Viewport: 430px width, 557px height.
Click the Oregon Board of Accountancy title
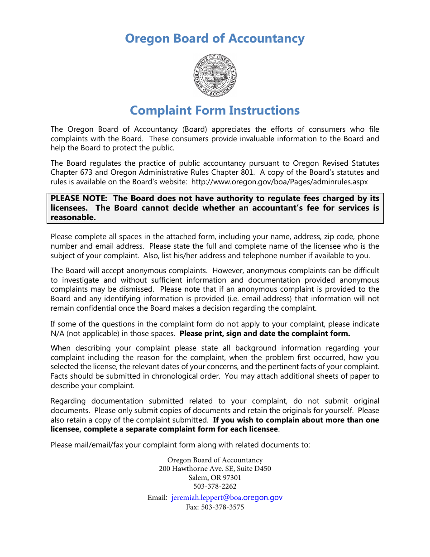click(215, 39)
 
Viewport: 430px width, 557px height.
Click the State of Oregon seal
click(215, 75)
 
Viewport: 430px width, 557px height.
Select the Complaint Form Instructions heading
click(215, 110)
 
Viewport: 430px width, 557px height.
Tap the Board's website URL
click(280, 182)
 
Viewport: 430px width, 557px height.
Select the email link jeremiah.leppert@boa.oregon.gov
click(227, 498)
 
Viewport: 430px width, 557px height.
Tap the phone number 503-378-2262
click(215, 486)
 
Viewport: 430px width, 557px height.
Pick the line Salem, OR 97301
click(215, 478)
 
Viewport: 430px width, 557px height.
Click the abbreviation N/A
click(57, 334)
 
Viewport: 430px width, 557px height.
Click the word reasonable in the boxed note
click(73, 217)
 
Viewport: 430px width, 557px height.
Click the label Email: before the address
click(158, 498)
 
